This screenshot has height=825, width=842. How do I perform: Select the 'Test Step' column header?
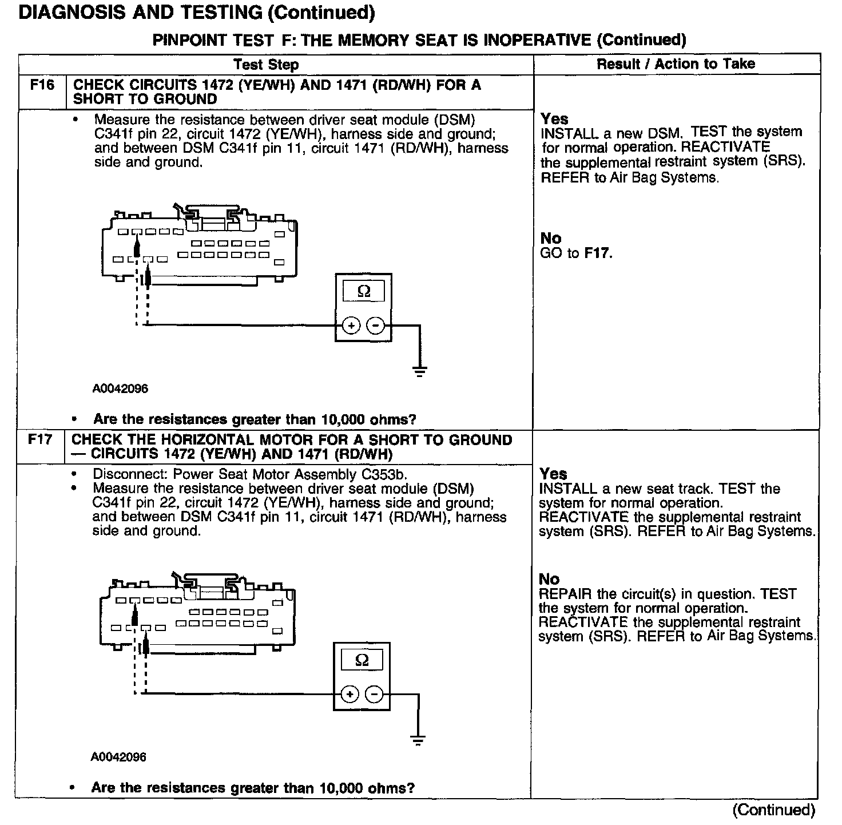[266, 65]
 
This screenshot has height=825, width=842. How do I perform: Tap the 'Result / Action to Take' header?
[676, 64]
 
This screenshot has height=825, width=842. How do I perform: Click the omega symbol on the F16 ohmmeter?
[364, 292]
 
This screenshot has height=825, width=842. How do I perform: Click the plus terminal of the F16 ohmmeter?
[351, 326]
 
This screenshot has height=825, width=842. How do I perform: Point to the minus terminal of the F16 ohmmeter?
[376, 326]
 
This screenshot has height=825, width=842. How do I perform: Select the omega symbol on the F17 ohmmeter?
[362, 660]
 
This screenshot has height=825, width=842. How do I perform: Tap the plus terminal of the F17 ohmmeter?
[349, 694]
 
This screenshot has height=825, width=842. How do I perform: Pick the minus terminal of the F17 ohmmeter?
[374, 694]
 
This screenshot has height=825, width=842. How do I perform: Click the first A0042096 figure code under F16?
[120, 389]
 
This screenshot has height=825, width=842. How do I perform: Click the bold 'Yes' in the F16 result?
[554, 119]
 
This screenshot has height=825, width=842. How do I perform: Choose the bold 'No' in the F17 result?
[549, 579]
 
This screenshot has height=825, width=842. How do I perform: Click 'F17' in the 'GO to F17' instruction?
[598, 253]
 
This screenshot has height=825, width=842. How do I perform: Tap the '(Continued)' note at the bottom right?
[773, 810]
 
